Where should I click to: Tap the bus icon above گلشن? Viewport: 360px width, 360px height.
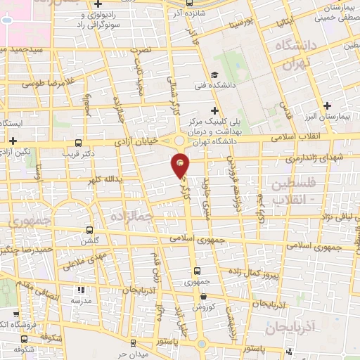point(89,229)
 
